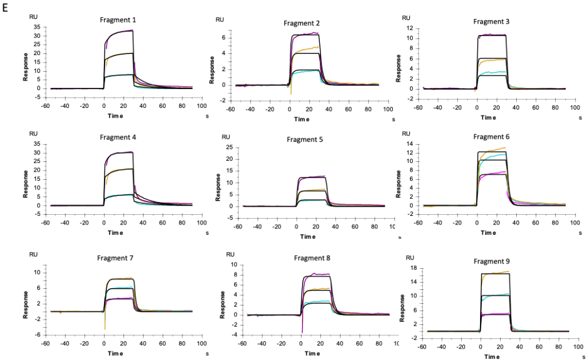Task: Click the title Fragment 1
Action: pos(118,20)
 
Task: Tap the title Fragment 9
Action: pos(492,261)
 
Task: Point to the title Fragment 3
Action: pos(492,21)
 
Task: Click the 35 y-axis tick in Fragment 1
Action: pos(37,27)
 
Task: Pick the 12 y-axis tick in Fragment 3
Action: pos(410,28)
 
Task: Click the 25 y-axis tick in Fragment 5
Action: pos(228,147)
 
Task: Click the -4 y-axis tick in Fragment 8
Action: pos(235,335)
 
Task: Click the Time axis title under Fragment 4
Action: pos(114,233)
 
